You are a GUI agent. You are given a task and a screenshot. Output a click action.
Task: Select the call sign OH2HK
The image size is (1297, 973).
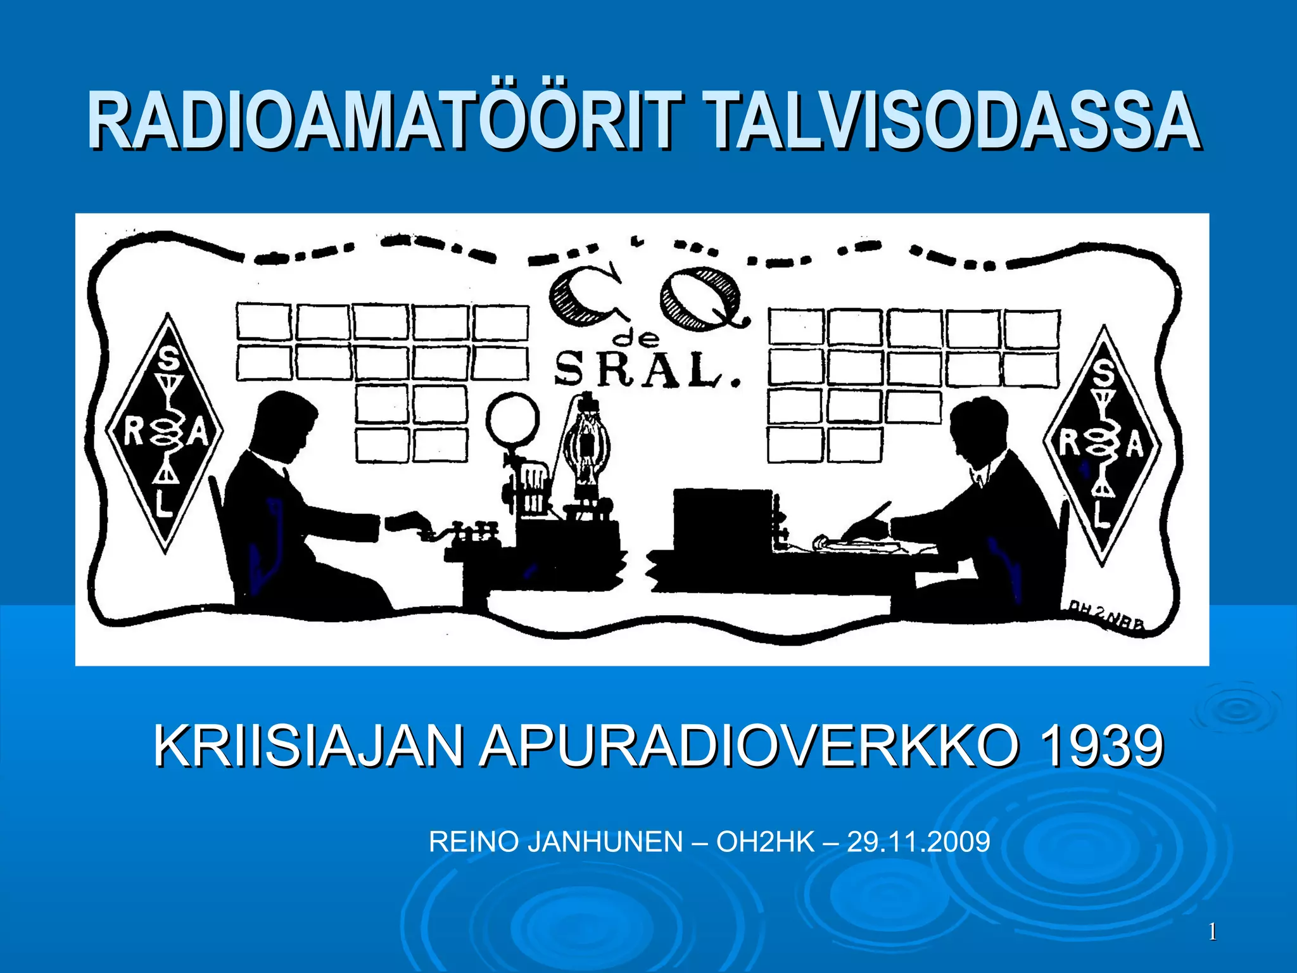point(765,842)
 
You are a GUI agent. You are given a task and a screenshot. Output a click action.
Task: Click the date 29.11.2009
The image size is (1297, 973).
point(918,842)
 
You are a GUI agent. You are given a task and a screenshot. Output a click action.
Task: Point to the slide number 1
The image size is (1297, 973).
point(1212,932)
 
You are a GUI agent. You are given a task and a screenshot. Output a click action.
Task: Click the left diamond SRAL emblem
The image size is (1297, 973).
point(165,433)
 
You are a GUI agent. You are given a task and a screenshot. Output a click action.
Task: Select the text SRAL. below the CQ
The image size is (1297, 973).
point(646,371)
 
